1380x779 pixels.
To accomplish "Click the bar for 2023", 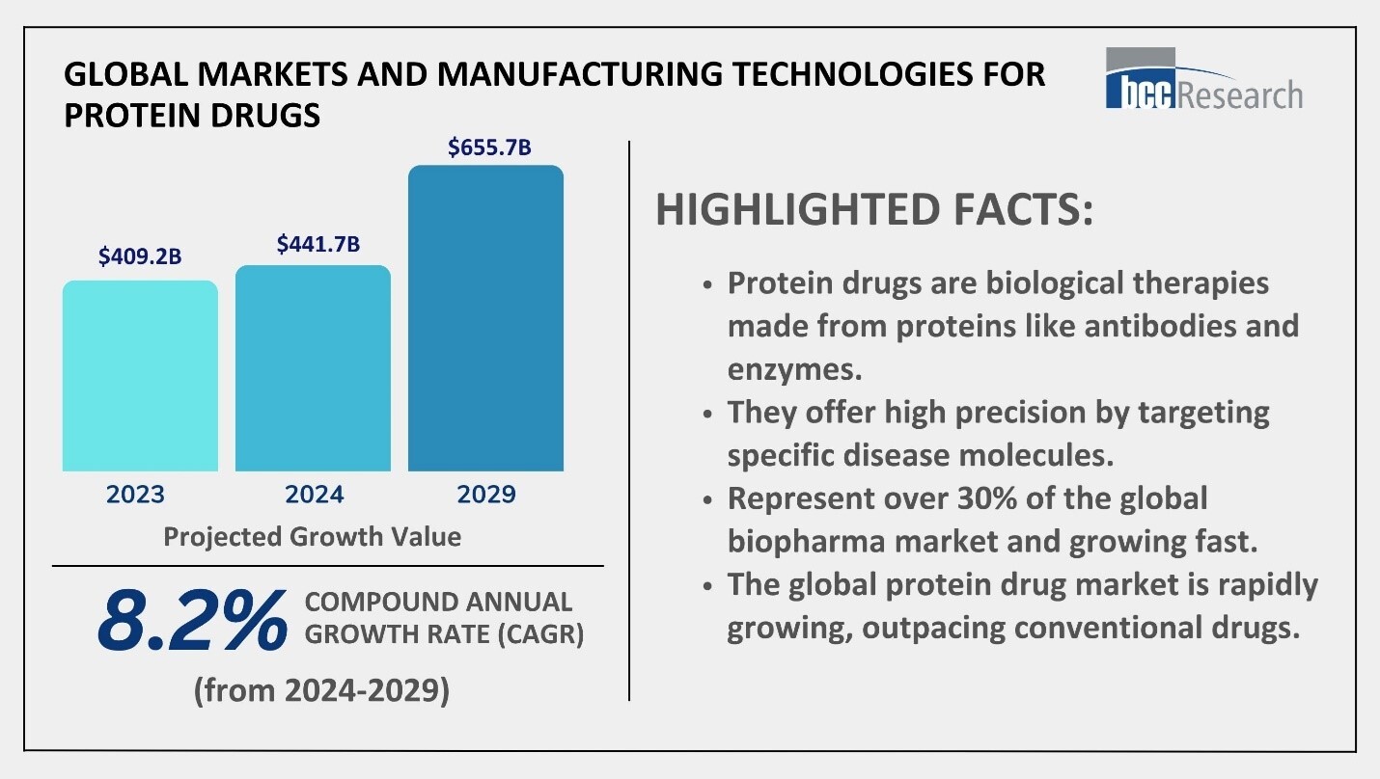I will [x=140, y=376].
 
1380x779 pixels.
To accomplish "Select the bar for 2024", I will [x=313, y=368].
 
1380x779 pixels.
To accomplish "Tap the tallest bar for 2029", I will [x=485, y=318].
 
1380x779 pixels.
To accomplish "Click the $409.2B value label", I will [x=140, y=256].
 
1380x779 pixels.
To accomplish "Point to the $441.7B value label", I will [x=317, y=244].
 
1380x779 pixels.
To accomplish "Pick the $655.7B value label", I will [x=489, y=148].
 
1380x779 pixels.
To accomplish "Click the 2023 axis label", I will [x=135, y=495].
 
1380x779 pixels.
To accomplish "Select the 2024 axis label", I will [x=314, y=495].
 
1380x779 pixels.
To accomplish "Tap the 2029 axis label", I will [x=486, y=495].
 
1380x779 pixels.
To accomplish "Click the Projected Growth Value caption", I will [x=312, y=536].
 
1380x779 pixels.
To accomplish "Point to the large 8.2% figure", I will [x=192, y=620].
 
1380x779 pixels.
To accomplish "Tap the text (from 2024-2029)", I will [x=321, y=691].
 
